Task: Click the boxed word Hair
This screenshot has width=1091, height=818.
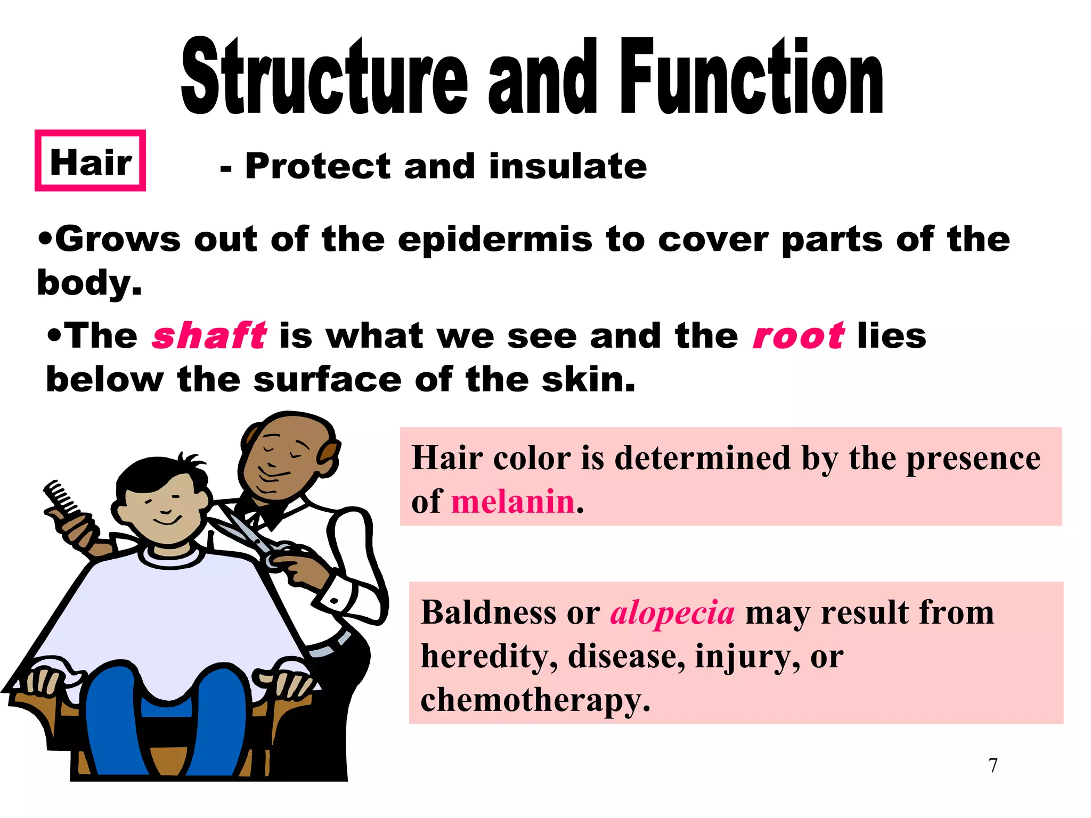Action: [x=90, y=162]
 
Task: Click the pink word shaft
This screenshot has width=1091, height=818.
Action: [x=209, y=336]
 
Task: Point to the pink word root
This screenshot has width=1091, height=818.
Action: [x=798, y=336]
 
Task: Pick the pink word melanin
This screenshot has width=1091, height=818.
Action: [x=512, y=502]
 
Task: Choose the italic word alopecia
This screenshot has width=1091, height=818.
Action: [x=672, y=612]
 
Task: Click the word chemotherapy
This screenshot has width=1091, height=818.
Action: [x=535, y=700]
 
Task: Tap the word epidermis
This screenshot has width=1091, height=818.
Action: [x=495, y=240]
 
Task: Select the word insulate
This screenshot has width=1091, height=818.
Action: [x=568, y=166]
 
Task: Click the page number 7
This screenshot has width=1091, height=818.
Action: [x=992, y=765]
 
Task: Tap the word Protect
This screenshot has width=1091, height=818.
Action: [x=318, y=166]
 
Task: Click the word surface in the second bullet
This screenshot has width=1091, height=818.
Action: [x=327, y=380]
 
